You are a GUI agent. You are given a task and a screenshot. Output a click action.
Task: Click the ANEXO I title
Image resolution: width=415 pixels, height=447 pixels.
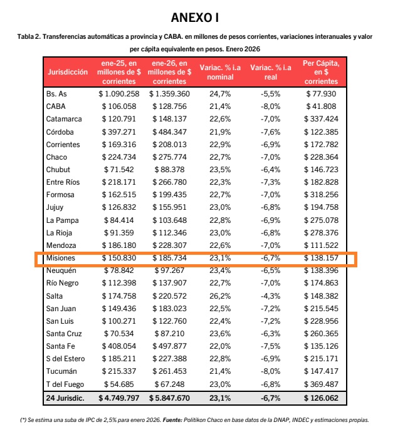pos(206,16)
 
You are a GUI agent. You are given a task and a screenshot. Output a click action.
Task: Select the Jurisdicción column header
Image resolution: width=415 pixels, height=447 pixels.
pos(67,73)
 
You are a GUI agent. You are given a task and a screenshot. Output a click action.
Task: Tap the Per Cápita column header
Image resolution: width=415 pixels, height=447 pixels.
pos(320,73)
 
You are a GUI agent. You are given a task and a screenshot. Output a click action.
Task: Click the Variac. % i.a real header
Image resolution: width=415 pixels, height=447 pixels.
pos(270,73)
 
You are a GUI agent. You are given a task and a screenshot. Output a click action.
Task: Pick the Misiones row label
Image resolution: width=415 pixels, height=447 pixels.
pos(61,259)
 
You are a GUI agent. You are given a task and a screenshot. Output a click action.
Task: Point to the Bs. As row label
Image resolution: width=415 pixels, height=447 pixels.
pos(57,93)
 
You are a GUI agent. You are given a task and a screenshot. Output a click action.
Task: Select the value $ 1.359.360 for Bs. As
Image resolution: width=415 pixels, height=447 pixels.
pos(169,93)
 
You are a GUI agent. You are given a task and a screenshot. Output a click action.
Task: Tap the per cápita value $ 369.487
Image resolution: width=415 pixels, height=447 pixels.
pos(321,384)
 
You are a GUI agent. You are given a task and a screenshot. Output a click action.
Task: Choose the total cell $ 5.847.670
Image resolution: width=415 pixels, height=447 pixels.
pos(169,398)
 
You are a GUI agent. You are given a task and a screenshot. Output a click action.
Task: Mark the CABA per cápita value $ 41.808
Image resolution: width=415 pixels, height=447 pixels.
pos(321,106)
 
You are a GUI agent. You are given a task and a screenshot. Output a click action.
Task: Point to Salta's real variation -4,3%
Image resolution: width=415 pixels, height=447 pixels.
pos(270,295)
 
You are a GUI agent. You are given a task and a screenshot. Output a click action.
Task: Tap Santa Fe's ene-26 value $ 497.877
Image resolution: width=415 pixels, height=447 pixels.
pos(169,346)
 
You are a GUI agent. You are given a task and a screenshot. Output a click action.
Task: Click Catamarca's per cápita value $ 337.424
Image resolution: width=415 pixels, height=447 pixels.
pos(321,119)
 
